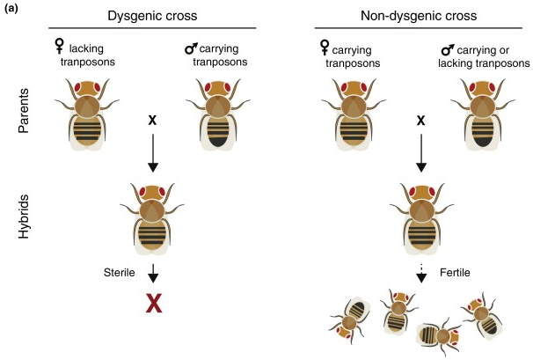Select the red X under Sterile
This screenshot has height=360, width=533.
155,304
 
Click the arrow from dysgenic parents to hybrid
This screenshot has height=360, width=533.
154,155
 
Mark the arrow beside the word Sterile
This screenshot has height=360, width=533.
155,274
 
